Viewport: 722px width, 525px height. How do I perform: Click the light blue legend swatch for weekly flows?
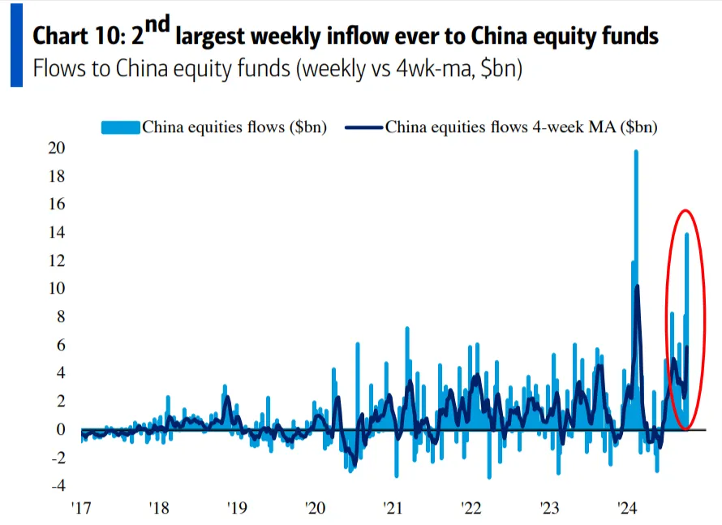(x=121, y=127)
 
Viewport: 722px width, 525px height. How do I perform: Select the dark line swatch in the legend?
(x=364, y=127)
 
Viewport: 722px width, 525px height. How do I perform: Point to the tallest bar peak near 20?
(x=636, y=152)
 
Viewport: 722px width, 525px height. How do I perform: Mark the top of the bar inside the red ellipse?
(x=687, y=235)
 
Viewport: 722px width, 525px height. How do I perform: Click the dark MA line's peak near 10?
(x=638, y=286)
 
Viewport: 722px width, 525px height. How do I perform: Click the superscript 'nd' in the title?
(x=154, y=27)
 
